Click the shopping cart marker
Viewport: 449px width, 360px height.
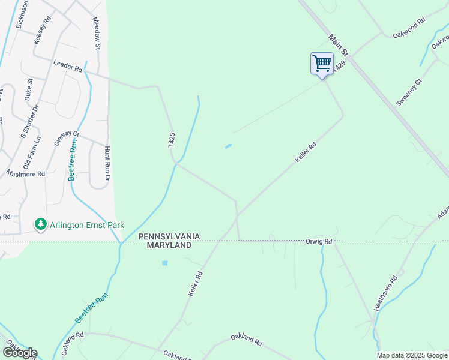tap(322, 64)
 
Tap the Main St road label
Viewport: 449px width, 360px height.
tap(338, 47)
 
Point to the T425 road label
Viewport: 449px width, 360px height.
tap(171, 140)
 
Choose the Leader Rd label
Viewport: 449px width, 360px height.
tap(67, 65)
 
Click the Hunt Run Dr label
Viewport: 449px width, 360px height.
tap(107, 164)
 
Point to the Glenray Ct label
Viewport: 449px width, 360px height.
tap(67, 134)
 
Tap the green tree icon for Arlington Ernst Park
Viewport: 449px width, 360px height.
tap(40, 225)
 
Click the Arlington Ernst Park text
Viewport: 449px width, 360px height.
tap(87, 226)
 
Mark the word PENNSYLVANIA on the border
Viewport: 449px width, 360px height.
tap(169, 237)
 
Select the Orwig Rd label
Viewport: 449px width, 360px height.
tap(318, 242)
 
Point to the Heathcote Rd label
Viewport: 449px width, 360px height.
tap(386, 293)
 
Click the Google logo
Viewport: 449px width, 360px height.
tap(20, 353)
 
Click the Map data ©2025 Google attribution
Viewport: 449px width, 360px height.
tap(412, 355)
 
